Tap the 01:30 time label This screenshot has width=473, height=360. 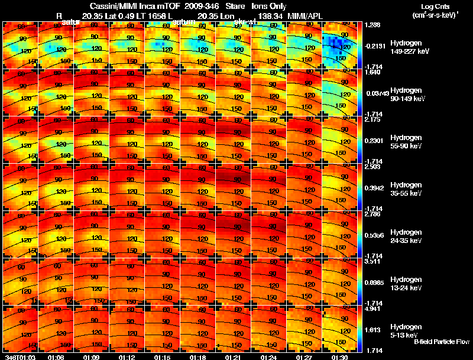pos(339,357)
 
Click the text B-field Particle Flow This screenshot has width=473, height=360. pos(441,342)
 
